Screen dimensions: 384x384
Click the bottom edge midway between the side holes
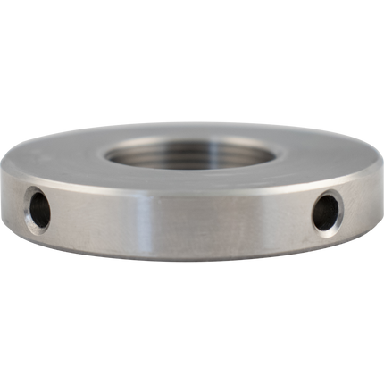click(183, 262)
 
